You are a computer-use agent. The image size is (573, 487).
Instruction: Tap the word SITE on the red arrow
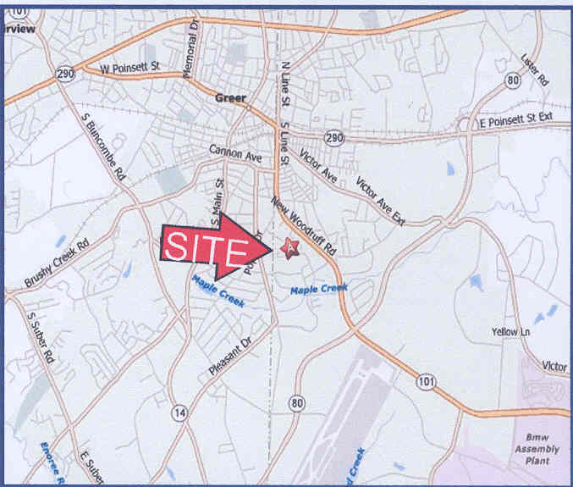click(x=204, y=246)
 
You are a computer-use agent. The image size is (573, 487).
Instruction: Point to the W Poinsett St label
click(x=129, y=68)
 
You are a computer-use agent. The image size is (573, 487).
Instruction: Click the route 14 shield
click(x=179, y=412)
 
